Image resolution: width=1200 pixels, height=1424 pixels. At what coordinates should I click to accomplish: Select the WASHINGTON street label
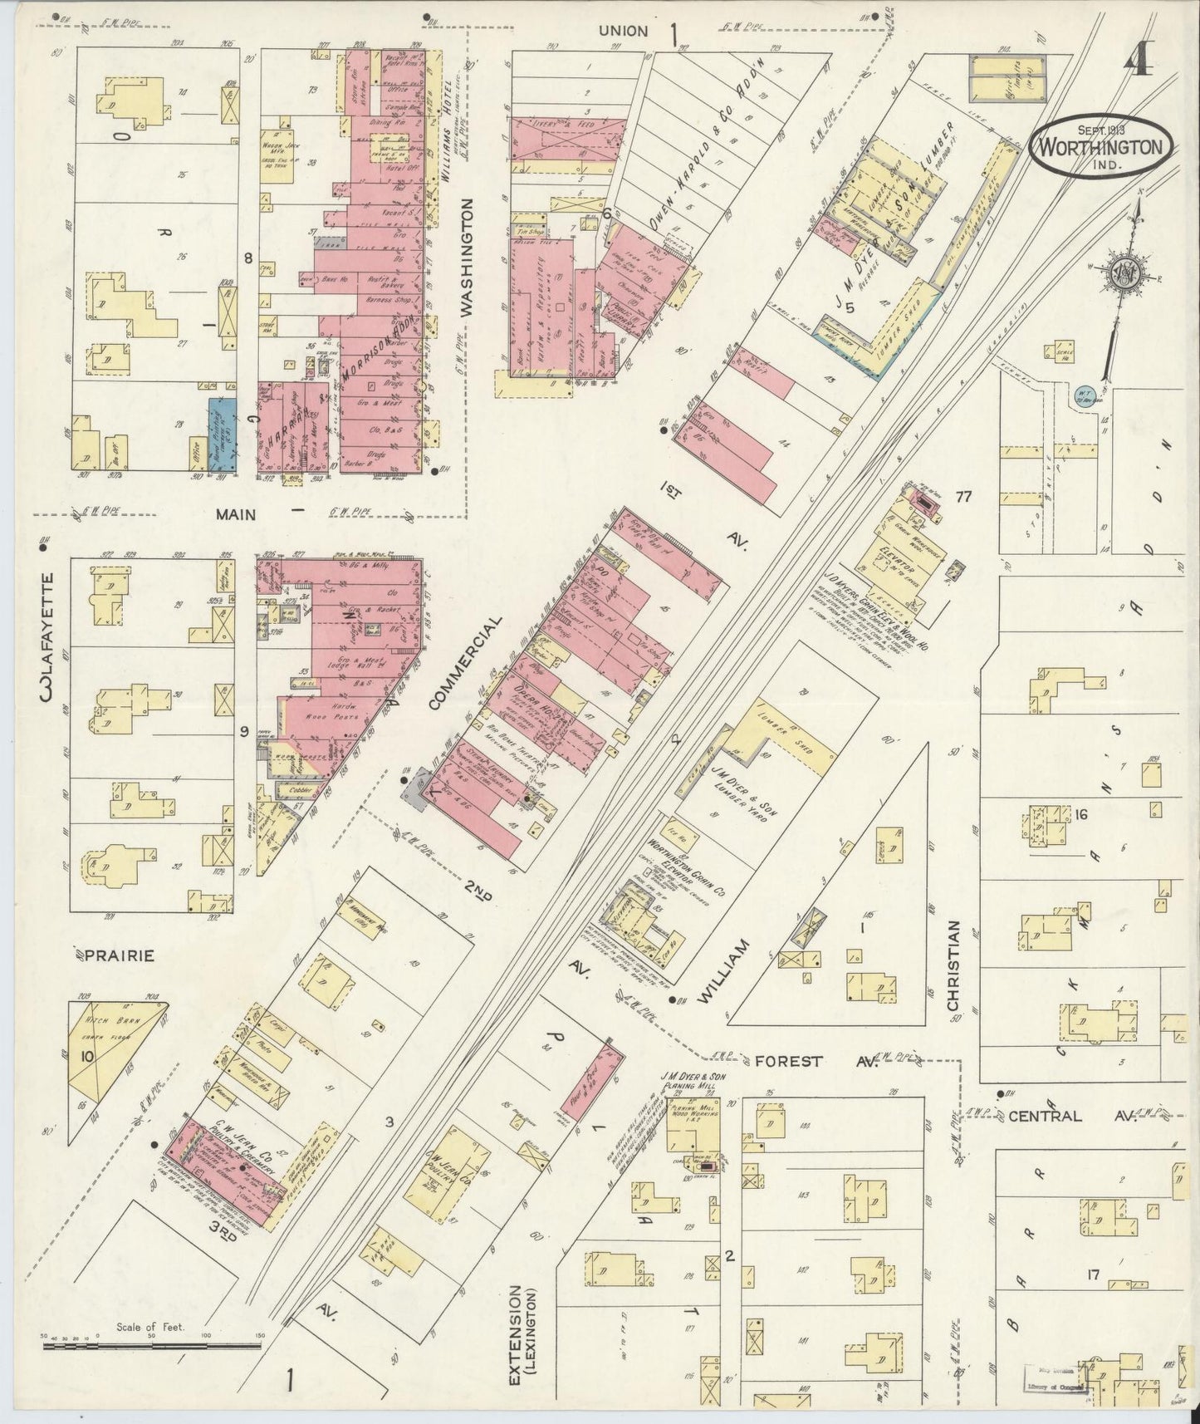click(466, 257)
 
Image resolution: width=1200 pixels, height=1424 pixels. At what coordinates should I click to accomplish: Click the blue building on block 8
click(221, 435)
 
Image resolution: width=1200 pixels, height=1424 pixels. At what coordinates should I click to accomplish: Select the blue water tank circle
click(1085, 394)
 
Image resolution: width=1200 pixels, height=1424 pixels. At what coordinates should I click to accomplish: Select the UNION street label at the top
click(623, 31)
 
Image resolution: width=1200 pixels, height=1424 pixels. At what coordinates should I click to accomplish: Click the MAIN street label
click(236, 514)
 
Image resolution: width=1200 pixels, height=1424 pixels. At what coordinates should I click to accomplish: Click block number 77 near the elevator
click(963, 497)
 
